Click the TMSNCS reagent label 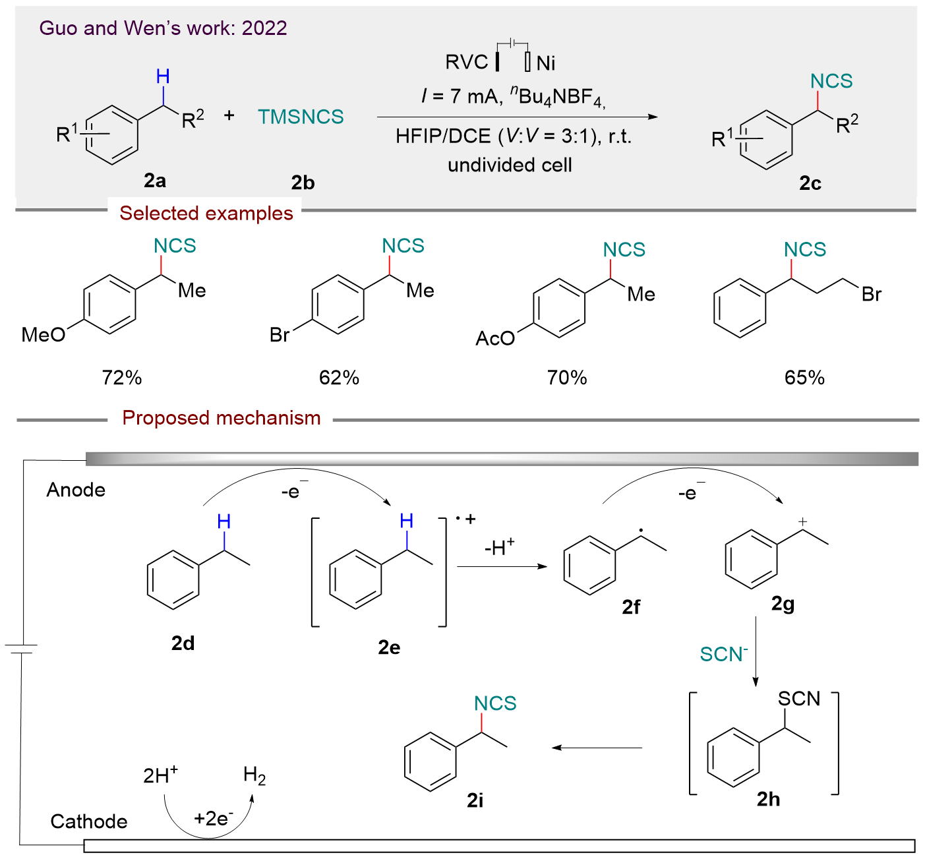(301, 117)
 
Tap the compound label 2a (155, 180)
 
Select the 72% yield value (122, 378)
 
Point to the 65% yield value (804, 378)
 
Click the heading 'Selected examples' (206, 213)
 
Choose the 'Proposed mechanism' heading (222, 418)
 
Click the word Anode (76, 490)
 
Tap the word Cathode (89, 821)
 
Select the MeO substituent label (44, 335)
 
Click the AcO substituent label (495, 339)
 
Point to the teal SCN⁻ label (724, 654)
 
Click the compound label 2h (768, 799)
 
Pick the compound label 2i (475, 800)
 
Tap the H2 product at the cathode (254, 776)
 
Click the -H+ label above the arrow (499, 547)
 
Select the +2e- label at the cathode (213, 819)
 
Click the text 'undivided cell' (510, 165)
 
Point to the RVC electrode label (467, 62)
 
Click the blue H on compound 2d (224, 522)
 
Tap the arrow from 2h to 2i (597, 748)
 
